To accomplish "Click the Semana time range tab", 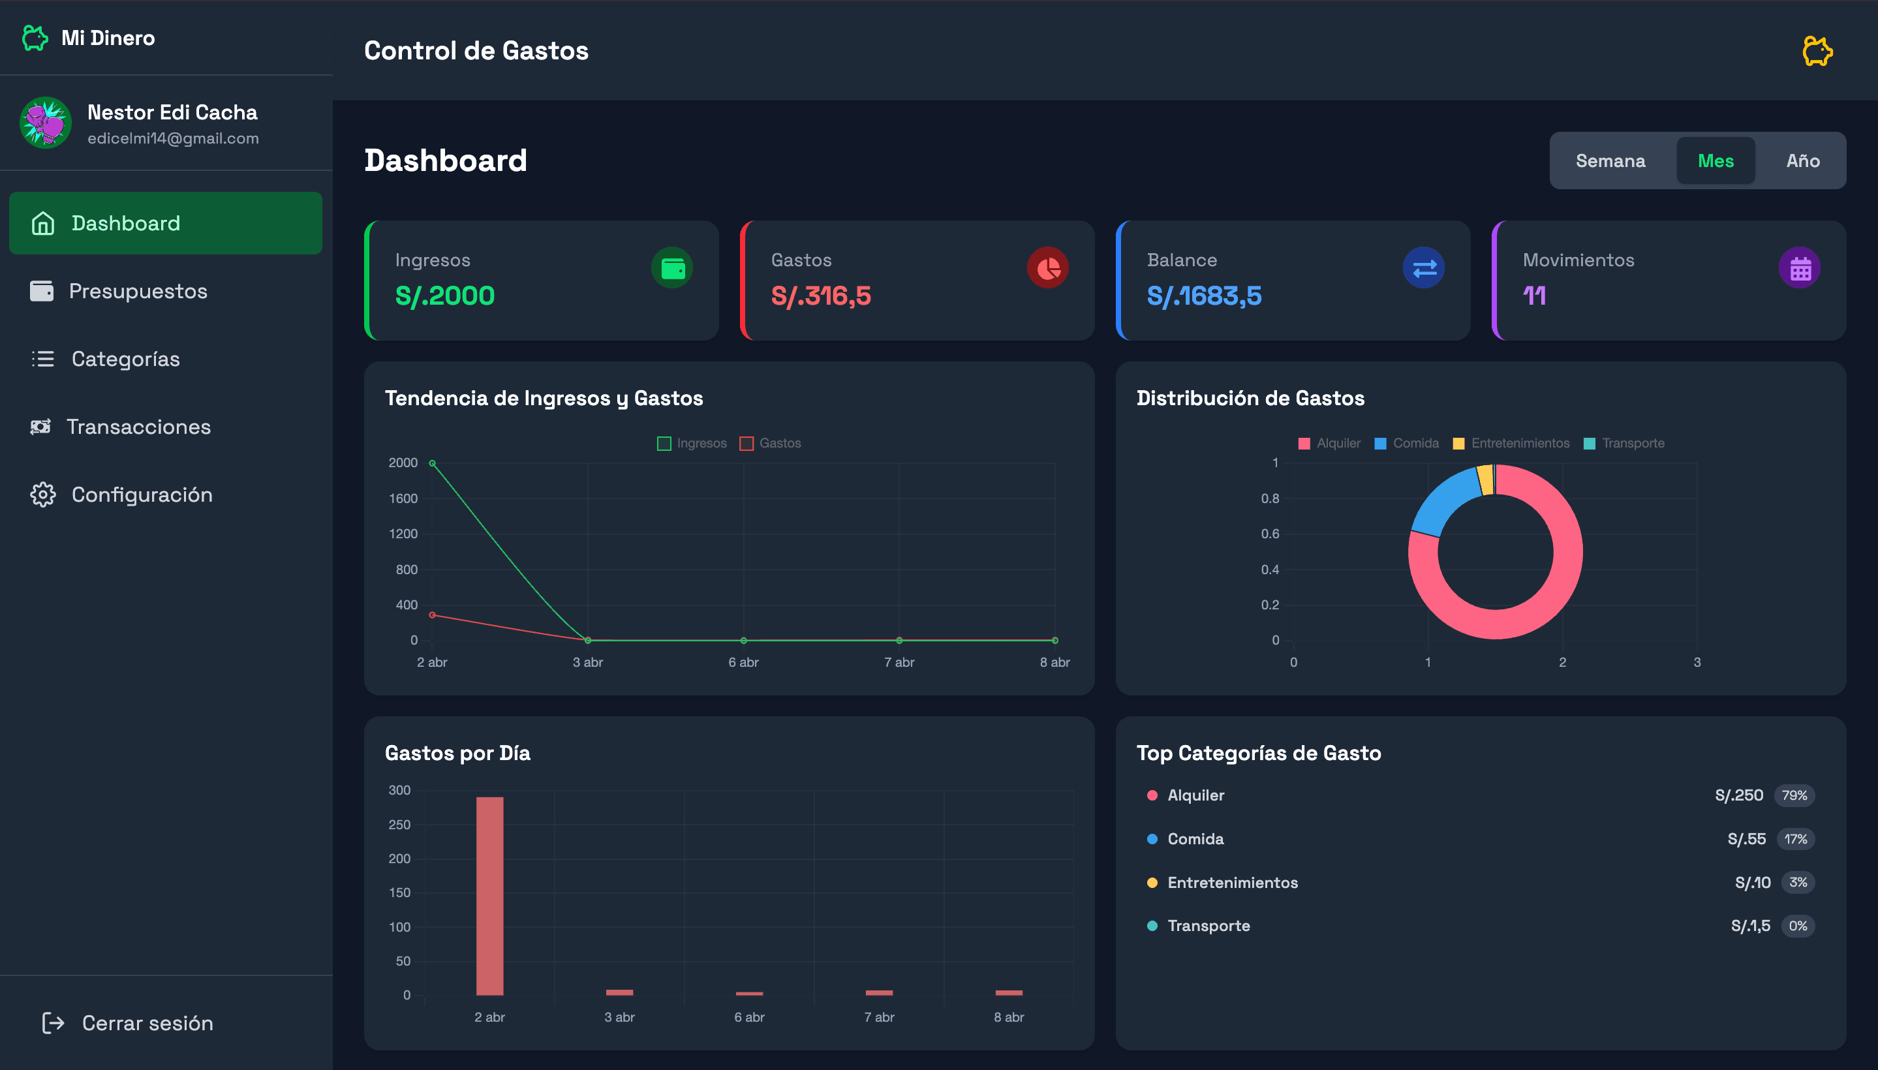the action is (1610, 161).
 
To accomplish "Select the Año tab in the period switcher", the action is (1802, 161).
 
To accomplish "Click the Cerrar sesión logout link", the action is (127, 1023).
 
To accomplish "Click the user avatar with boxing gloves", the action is (46, 123).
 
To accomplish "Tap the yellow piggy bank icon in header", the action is (1817, 51).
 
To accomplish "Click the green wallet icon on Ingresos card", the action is (672, 267).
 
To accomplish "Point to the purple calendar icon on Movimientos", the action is (1799, 267).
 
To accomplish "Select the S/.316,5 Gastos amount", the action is (820, 296).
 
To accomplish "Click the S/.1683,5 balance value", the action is (1204, 296).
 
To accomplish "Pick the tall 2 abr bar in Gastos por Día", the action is (489, 896).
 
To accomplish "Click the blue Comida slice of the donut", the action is (1442, 502).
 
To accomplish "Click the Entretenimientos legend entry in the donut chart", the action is (1511, 443).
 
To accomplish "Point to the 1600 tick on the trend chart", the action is (403, 498).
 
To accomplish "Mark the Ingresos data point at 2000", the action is (432, 463).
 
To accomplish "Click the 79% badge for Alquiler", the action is (1794, 795).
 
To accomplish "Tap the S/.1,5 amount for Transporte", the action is (1750, 926).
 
